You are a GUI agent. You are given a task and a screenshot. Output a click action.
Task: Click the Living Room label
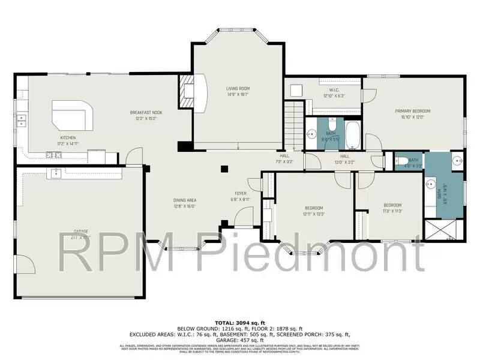coord(237,91)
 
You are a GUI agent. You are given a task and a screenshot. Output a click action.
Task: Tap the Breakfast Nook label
coord(146,115)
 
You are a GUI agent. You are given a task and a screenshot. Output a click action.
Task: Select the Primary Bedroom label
coord(413,114)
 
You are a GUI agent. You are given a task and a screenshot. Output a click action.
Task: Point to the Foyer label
coord(241,196)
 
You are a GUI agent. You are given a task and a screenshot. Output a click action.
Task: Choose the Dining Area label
coord(185,203)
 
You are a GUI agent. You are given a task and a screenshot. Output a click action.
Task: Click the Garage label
coord(80,234)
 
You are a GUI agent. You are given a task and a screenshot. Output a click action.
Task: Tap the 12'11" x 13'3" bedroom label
coord(313,211)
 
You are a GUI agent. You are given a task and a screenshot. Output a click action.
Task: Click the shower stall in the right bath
coord(443,231)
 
